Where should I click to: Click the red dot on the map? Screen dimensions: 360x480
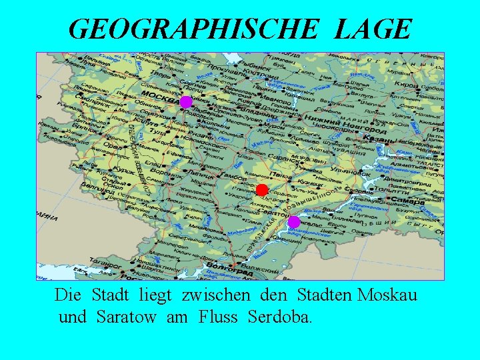[x=262, y=190]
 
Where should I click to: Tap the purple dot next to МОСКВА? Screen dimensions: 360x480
[x=186, y=102]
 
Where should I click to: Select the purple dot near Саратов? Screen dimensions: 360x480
[x=293, y=222]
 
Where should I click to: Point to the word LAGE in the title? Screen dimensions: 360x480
[x=374, y=29]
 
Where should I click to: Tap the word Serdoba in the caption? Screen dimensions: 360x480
[x=278, y=317]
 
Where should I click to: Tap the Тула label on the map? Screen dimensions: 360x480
[x=159, y=131]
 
